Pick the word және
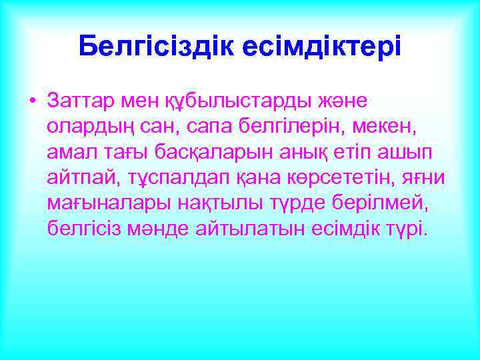pyautogui.click(x=338, y=101)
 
